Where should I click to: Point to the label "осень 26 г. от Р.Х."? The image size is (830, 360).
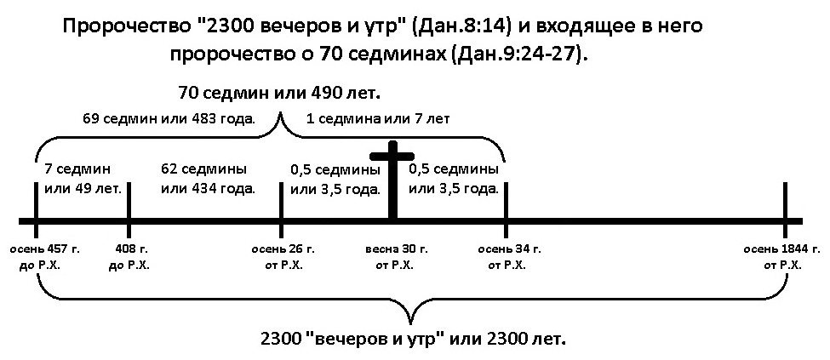pos(283,256)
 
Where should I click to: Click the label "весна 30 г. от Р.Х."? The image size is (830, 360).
pos(395,256)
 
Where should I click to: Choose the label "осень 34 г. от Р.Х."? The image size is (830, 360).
pos(509,256)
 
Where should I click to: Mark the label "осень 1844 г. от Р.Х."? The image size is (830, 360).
pos(782,256)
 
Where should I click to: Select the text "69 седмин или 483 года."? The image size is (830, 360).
pos(169,118)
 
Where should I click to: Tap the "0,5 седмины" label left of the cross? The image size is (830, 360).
pos(335,169)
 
